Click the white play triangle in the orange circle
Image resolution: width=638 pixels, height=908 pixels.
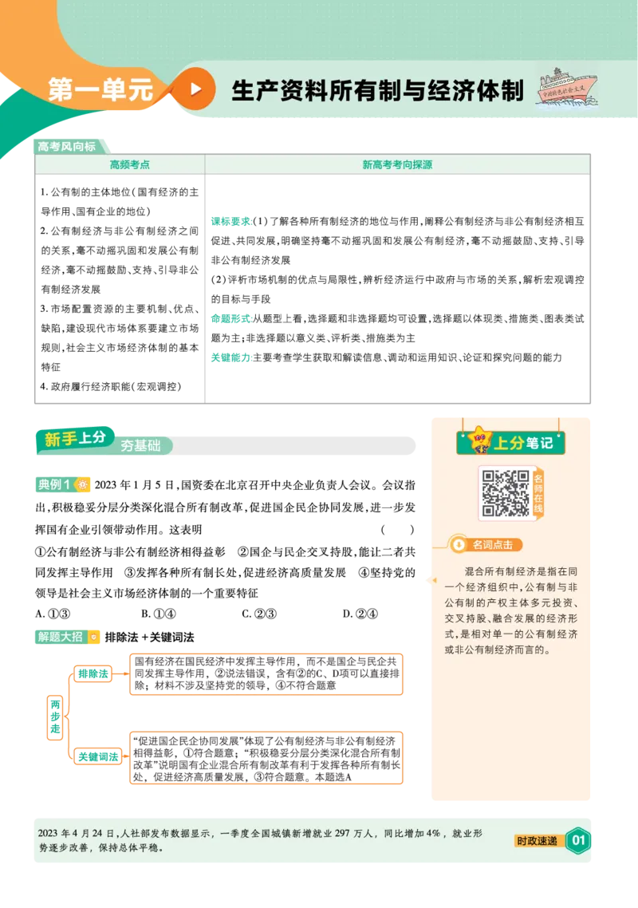(x=196, y=89)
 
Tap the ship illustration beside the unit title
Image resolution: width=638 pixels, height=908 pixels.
(x=566, y=88)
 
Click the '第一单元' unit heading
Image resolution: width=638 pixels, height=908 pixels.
(x=100, y=89)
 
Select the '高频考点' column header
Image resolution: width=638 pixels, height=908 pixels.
(x=130, y=165)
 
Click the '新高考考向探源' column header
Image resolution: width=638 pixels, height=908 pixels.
(x=397, y=165)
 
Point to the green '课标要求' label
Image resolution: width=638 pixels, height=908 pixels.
(x=231, y=221)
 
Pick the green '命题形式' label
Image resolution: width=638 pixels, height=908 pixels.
(x=231, y=318)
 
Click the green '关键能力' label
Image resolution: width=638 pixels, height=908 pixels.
(x=231, y=357)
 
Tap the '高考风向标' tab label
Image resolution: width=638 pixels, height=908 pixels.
(x=66, y=147)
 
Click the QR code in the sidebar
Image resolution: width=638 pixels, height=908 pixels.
(x=506, y=493)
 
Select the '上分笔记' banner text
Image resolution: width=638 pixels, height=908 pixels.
(x=523, y=443)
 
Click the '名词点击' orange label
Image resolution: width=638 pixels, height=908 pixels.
(x=491, y=545)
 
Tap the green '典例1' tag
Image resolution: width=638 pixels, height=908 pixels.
(x=54, y=484)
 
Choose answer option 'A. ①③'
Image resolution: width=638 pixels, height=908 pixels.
(x=53, y=614)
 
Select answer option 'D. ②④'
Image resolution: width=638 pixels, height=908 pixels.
(x=360, y=614)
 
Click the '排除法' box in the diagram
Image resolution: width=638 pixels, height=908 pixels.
(x=93, y=673)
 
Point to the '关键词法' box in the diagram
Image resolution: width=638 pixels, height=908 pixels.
(x=98, y=756)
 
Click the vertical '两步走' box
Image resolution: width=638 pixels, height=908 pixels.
(x=55, y=717)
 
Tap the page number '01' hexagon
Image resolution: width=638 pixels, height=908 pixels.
(x=578, y=840)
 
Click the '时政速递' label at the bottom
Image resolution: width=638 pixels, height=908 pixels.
(x=537, y=841)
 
